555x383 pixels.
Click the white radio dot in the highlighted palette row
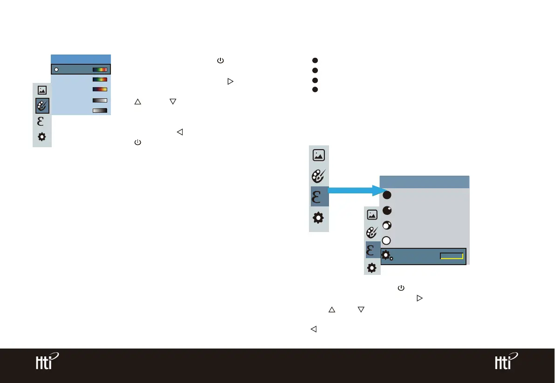click(x=56, y=69)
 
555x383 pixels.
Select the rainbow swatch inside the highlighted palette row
click(x=100, y=69)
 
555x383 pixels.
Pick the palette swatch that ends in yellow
click(x=100, y=89)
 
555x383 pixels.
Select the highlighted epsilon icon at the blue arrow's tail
click(x=319, y=197)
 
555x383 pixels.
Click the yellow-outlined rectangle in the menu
click(x=451, y=256)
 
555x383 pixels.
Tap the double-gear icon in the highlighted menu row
click(x=387, y=256)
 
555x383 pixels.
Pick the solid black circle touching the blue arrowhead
click(x=387, y=195)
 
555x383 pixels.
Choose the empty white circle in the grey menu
click(x=386, y=240)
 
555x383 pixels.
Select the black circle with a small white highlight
click(x=387, y=210)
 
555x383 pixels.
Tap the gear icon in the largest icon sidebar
click(x=319, y=218)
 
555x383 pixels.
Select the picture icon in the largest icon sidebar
click(x=319, y=155)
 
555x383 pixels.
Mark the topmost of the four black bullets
click(x=315, y=61)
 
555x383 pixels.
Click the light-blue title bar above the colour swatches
click(x=81, y=59)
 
